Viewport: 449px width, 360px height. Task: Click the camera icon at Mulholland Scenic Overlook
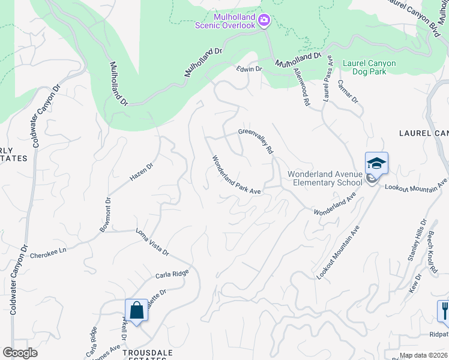click(x=264, y=22)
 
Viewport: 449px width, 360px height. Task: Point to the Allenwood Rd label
click(x=301, y=87)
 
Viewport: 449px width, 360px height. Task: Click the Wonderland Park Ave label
click(x=236, y=176)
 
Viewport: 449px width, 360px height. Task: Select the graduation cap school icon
click(x=376, y=163)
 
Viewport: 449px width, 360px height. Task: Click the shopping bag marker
click(x=136, y=310)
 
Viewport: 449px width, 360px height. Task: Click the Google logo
click(x=20, y=353)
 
